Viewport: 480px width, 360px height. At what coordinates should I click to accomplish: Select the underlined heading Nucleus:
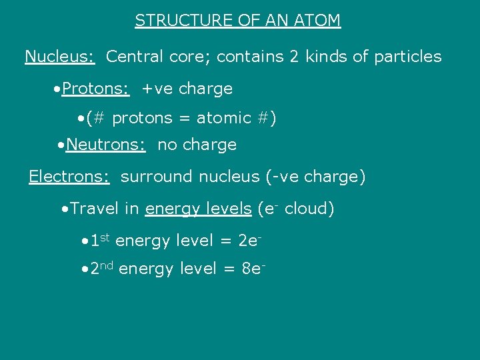tap(60, 57)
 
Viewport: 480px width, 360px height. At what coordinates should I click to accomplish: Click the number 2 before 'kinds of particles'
tap(294, 57)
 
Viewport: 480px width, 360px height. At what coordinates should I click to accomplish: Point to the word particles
tap(408, 57)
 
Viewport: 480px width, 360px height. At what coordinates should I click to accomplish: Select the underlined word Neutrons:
tap(106, 145)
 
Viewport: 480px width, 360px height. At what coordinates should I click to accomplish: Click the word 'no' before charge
tap(167, 145)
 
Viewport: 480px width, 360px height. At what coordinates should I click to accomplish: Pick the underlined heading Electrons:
tap(69, 177)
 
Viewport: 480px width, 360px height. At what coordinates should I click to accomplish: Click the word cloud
tap(309, 209)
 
